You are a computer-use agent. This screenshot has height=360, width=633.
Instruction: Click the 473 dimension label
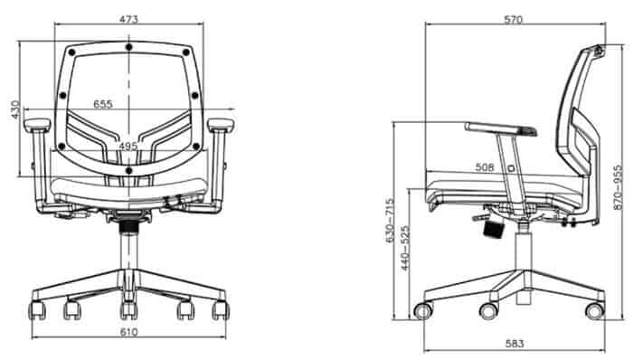[128, 19]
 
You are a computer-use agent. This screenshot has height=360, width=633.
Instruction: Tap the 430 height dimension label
[15, 109]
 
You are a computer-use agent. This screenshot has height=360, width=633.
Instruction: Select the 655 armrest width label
[103, 104]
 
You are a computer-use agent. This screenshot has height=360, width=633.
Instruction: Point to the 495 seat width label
[128, 147]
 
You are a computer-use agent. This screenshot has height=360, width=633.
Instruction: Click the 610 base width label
[129, 332]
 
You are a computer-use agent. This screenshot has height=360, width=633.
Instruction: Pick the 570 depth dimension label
[514, 19]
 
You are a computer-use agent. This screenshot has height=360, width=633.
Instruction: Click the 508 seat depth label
[485, 167]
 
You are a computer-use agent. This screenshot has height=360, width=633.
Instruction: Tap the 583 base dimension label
[515, 344]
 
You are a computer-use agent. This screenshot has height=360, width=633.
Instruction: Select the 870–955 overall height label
[618, 187]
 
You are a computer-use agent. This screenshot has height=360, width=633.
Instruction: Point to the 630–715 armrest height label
[390, 220]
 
